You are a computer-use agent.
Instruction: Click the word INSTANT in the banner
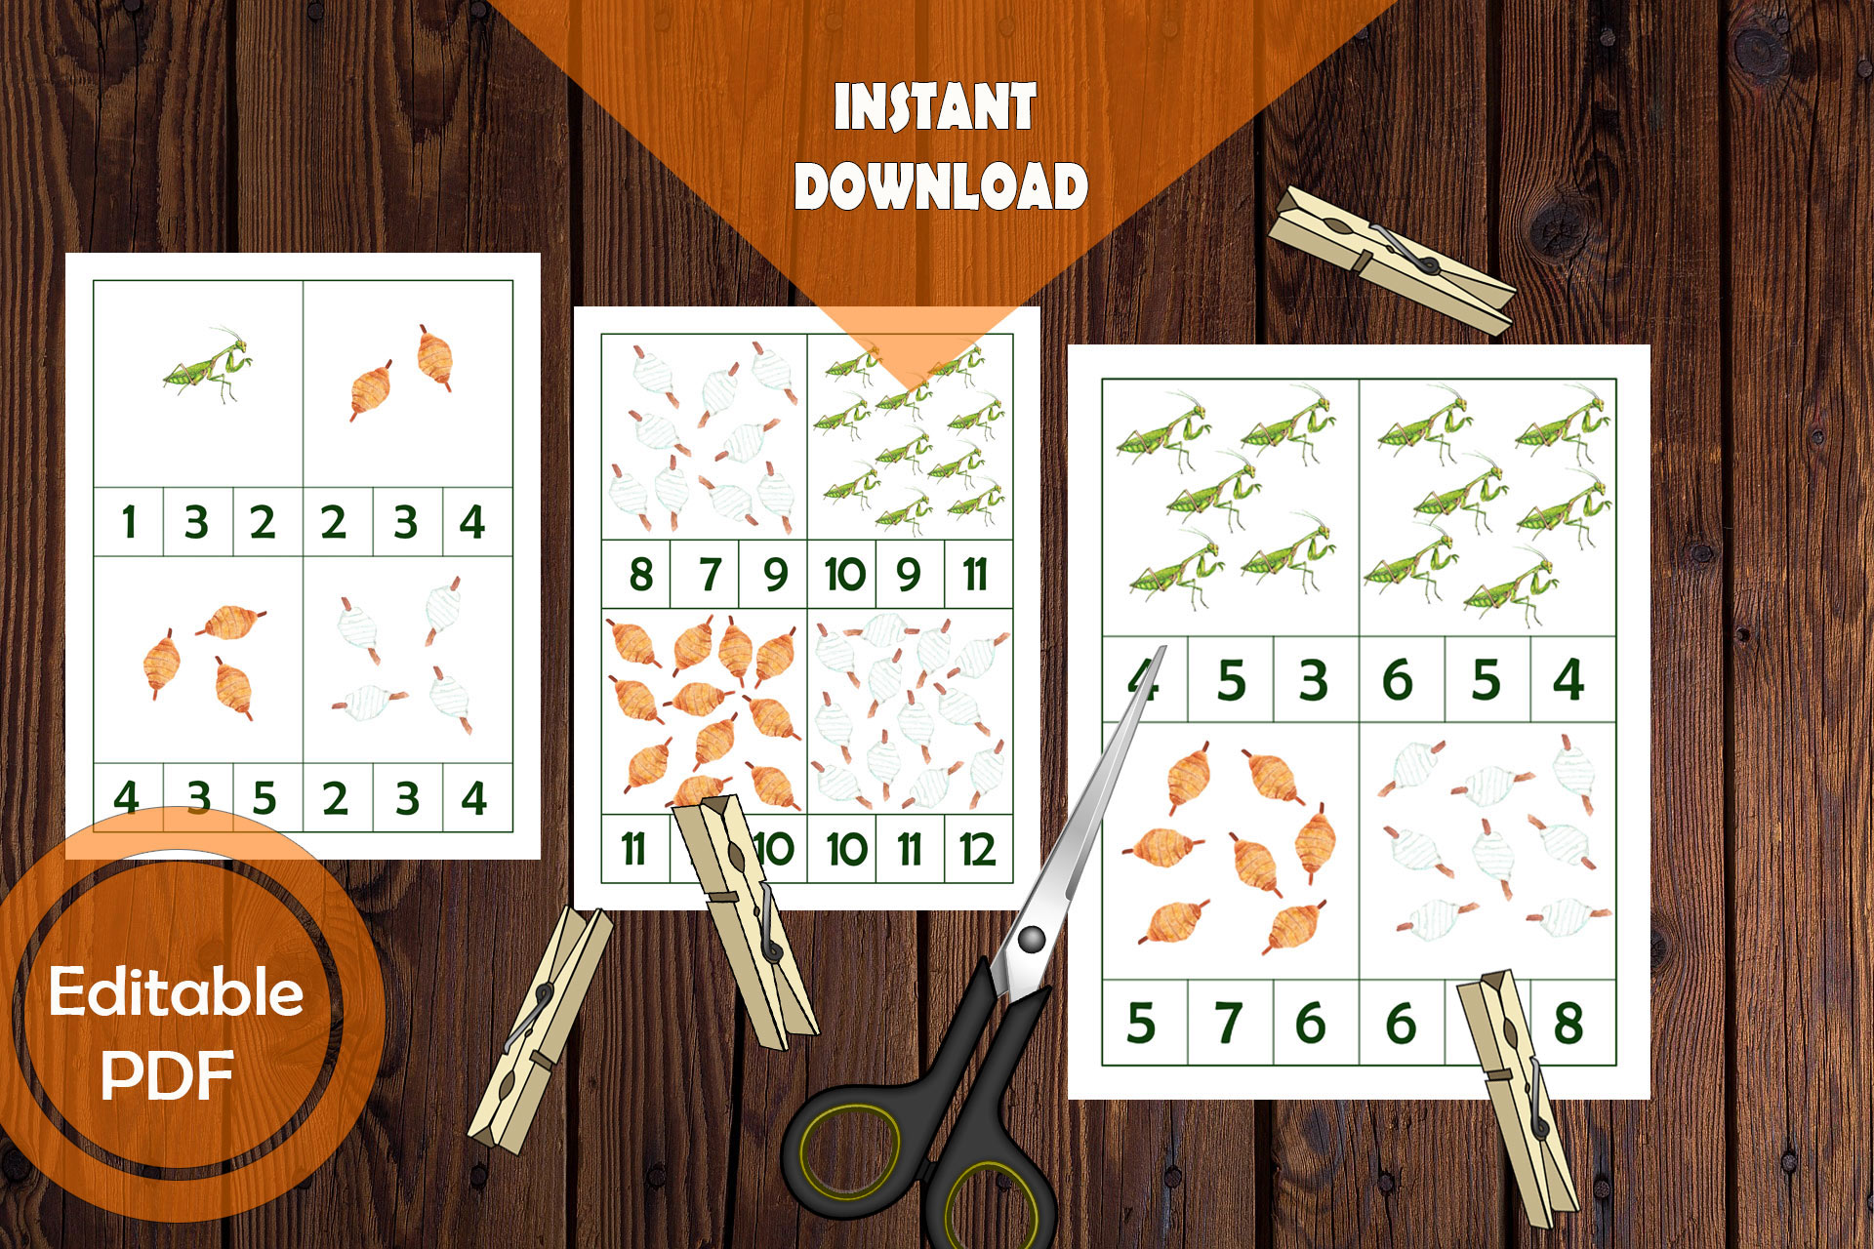pyautogui.click(x=934, y=107)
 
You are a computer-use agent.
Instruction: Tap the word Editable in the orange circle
pyautogui.click(x=177, y=992)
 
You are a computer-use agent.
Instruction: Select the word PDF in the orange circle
pyautogui.click(x=168, y=1075)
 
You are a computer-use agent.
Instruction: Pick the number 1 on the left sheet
pyautogui.click(x=128, y=522)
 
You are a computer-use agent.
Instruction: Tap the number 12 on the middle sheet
pyautogui.click(x=977, y=850)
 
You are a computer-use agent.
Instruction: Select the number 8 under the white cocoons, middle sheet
pyautogui.click(x=640, y=574)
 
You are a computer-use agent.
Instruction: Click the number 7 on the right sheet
pyautogui.click(x=1228, y=1023)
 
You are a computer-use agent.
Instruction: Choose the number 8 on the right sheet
pyautogui.click(x=1568, y=1023)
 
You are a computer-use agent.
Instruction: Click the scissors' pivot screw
pyautogui.click(x=1031, y=940)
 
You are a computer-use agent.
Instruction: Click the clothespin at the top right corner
pyautogui.click(x=1390, y=260)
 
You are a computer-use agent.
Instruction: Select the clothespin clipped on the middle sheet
pyautogui.click(x=746, y=917)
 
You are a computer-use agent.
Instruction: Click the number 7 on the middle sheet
pyautogui.click(x=710, y=574)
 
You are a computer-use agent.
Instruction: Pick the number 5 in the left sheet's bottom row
pyautogui.click(x=264, y=798)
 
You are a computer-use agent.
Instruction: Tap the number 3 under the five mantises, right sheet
pyautogui.click(x=1313, y=680)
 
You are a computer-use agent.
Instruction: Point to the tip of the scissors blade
pyautogui.click(x=1163, y=648)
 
